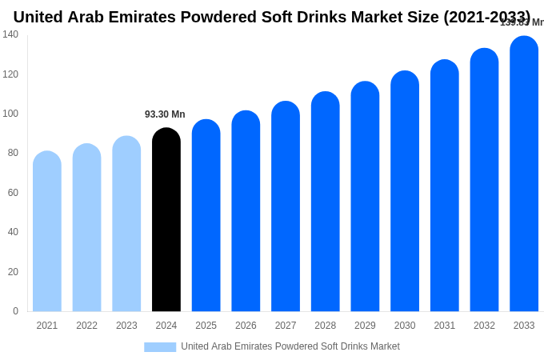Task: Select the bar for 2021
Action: tap(47, 232)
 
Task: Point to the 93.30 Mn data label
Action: tap(165, 114)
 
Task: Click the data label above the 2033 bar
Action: tap(522, 22)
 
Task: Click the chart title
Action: tap(272, 17)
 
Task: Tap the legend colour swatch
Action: tap(160, 347)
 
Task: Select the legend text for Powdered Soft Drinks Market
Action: tap(290, 346)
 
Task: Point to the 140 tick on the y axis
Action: tap(10, 34)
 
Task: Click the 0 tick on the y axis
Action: tap(15, 311)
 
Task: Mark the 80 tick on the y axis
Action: tap(13, 153)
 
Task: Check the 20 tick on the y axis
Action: tap(13, 272)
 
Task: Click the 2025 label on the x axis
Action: tap(206, 326)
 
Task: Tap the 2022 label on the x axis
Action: tap(87, 326)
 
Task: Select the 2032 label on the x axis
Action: tap(484, 326)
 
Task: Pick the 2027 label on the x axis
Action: tap(286, 326)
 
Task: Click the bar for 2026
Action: tap(246, 212)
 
